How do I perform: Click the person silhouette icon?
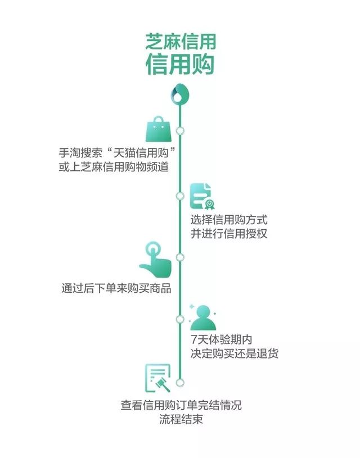click(203, 318)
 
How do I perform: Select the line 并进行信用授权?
click(228, 234)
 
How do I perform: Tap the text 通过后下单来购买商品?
click(116, 289)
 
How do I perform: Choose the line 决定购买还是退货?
click(234, 355)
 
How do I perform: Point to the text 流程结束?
click(180, 420)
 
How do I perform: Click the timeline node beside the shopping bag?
click(179, 131)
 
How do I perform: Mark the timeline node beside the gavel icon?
click(179, 382)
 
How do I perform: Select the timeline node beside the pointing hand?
click(179, 257)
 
